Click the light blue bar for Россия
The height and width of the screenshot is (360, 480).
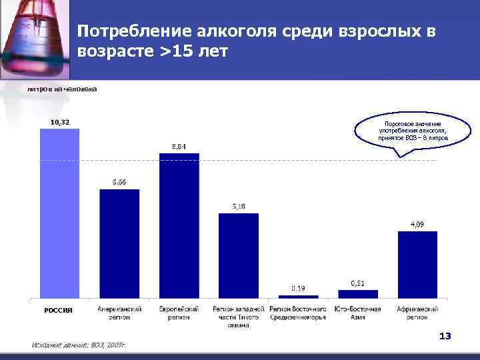tap(59, 213)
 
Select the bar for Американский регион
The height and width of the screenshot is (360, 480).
tap(119, 243)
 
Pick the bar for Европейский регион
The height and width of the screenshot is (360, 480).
tap(179, 225)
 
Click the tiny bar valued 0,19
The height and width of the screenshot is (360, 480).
tap(298, 296)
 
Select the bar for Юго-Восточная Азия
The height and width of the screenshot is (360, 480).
tap(358, 293)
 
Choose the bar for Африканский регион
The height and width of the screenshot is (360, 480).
tap(417, 264)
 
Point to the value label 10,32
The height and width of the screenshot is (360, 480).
tap(59, 122)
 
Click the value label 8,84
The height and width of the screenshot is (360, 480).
tap(179, 147)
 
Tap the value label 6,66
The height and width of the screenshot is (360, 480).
tap(119, 183)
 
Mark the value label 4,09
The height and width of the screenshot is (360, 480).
tap(417, 224)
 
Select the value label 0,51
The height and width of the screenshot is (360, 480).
tap(357, 283)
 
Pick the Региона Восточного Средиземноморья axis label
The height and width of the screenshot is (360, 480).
tap(298, 313)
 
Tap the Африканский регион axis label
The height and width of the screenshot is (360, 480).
tap(417, 313)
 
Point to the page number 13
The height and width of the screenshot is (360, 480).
tap(445, 336)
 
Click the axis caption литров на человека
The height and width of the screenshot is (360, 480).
tap(62, 89)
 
